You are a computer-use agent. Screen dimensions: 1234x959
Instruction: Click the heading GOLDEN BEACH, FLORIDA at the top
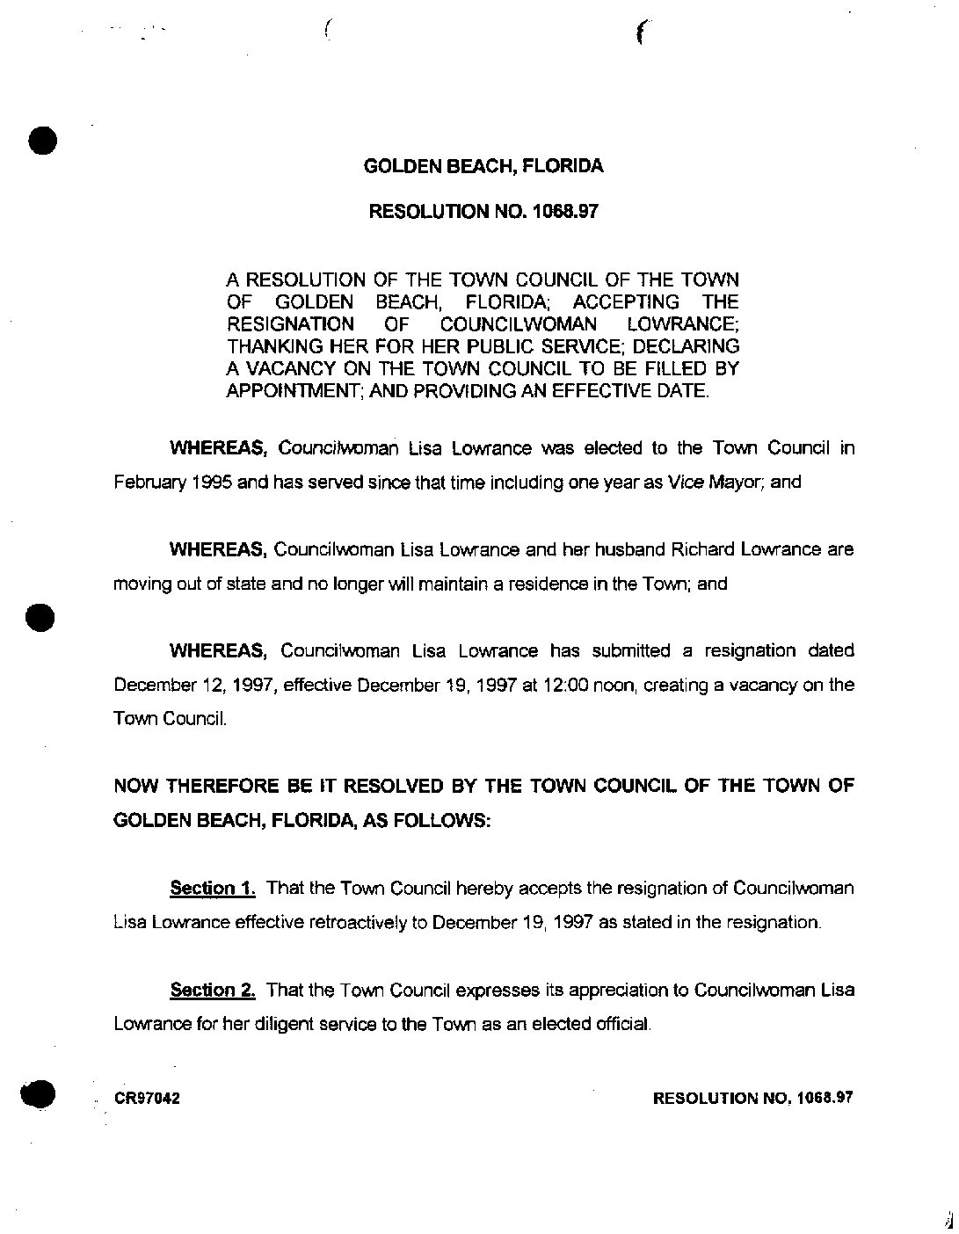click(x=483, y=166)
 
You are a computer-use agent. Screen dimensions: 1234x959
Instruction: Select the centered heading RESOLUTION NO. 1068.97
click(x=483, y=211)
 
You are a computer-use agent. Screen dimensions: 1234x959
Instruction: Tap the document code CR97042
click(x=147, y=1099)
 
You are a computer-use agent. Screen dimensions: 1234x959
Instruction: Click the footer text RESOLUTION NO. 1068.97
click(x=752, y=1099)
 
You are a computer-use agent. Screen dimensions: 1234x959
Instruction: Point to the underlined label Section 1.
click(x=213, y=889)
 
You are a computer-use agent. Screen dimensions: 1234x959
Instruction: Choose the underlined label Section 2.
click(x=213, y=991)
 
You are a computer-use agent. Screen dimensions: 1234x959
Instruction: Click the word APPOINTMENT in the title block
click(x=278, y=391)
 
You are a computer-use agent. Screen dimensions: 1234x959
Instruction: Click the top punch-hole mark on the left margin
click(x=41, y=141)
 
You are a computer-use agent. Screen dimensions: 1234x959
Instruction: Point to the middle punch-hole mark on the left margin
click(x=40, y=616)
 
